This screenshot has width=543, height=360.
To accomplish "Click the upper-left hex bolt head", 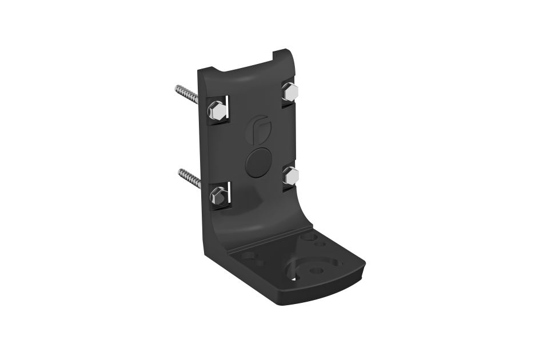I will pos(217,110).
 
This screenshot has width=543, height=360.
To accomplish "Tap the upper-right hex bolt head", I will pos(290,91).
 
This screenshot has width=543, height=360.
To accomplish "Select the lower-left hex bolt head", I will pos(218,197).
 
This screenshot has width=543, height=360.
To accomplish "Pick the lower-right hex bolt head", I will pos(291,176).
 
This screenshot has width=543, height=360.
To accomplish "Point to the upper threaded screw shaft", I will pos(187,94).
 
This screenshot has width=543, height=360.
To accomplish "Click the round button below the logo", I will pos(258,162).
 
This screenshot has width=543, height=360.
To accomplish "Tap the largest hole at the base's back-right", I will pos(309,235).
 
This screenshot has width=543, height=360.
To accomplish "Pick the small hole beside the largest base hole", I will pos(321,243).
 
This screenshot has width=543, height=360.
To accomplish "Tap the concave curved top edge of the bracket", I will pos(246,67).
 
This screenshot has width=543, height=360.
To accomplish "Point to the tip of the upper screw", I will pos(177,89).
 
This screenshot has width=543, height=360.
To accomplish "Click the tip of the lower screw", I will pos(179,171).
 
